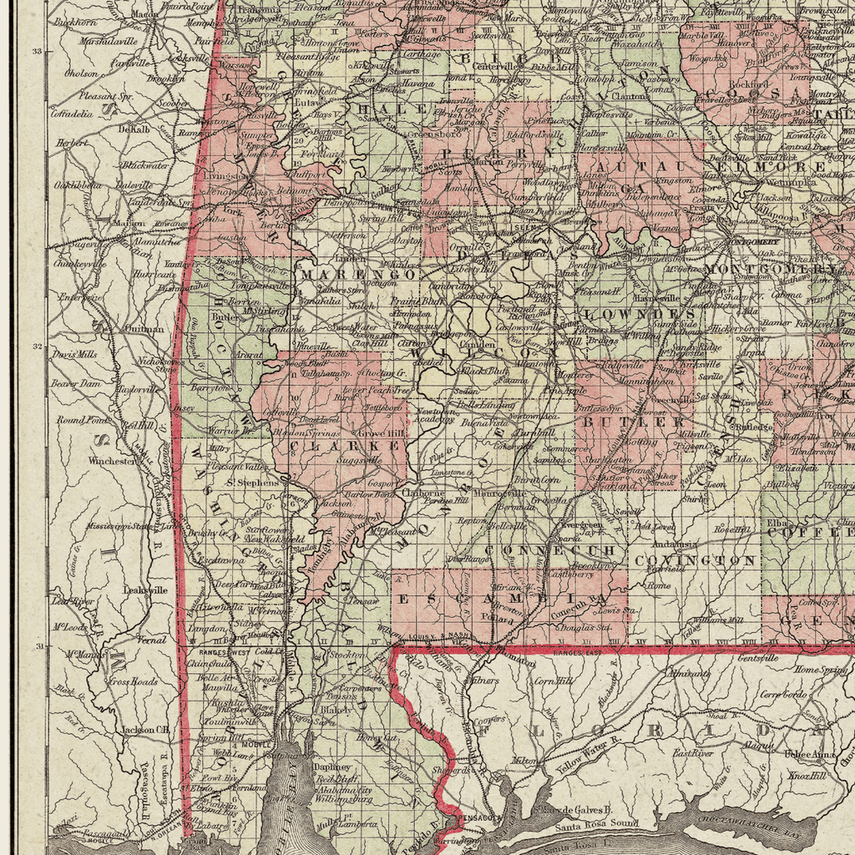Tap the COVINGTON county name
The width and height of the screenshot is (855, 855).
(x=696, y=560)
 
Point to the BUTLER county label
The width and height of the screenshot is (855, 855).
(x=632, y=422)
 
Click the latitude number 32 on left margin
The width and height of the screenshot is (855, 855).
(x=36, y=346)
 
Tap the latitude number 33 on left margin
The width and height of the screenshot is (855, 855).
(x=36, y=52)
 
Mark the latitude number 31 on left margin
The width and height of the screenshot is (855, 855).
(x=36, y=646)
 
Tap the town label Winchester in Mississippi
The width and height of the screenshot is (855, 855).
(x=113, y=460)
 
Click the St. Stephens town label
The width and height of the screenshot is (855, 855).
(x=253, y=482)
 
